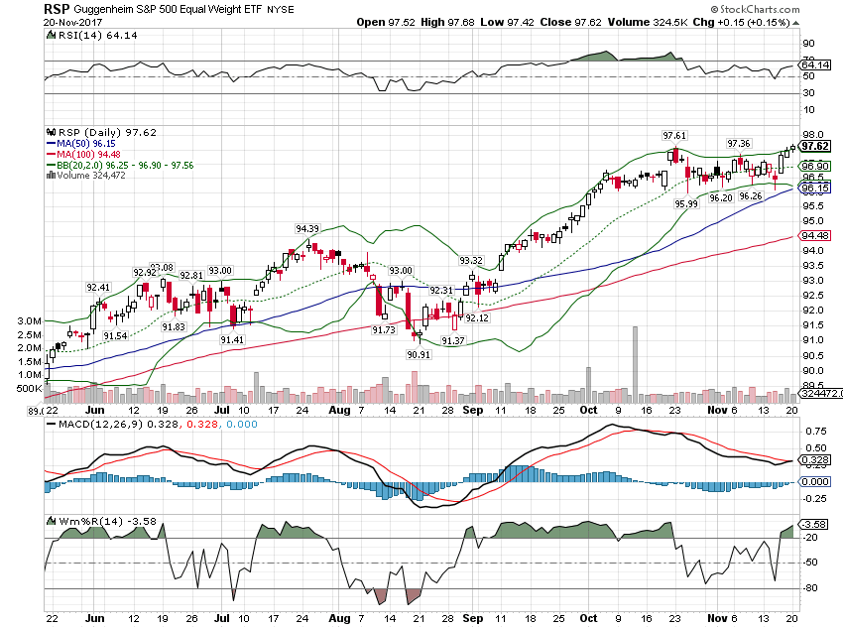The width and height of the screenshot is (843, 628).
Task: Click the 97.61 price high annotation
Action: pos(674,135)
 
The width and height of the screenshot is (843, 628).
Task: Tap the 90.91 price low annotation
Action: pos(419,353)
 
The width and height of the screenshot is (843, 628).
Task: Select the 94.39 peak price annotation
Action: pos(307,228)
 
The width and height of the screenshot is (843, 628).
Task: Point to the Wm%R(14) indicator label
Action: pos(79,520)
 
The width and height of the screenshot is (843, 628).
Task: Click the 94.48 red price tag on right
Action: pos(816,235)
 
